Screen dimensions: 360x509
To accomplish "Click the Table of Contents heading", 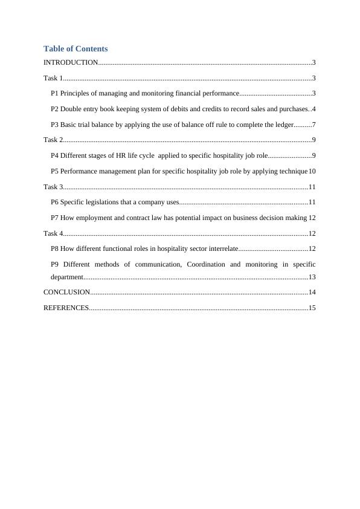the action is pyautogui.click(x=76, y=49).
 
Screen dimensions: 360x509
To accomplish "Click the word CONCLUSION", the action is pyautogui.click(x=66, y=292).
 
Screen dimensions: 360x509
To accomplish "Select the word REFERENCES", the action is pyautogui.click(x=66, y=308).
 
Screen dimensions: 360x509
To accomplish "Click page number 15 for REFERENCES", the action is pyautogui.click(x=312, y=308).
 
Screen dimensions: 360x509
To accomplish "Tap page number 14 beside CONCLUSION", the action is pyautogui.click(x=312, y=292).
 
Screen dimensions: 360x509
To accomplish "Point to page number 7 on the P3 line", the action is pyautogui.click(x=314, y=125).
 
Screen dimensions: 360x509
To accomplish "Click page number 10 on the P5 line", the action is pyautogui.click(x=312, y=171).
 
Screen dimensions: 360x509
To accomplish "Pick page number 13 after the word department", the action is pyautogui.click(x=312, y=277).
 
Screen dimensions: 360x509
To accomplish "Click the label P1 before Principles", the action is pyautogui.click(x=55, y=94).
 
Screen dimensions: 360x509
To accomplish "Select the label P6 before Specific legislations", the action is pyautogui.click(x=55, y=202).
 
